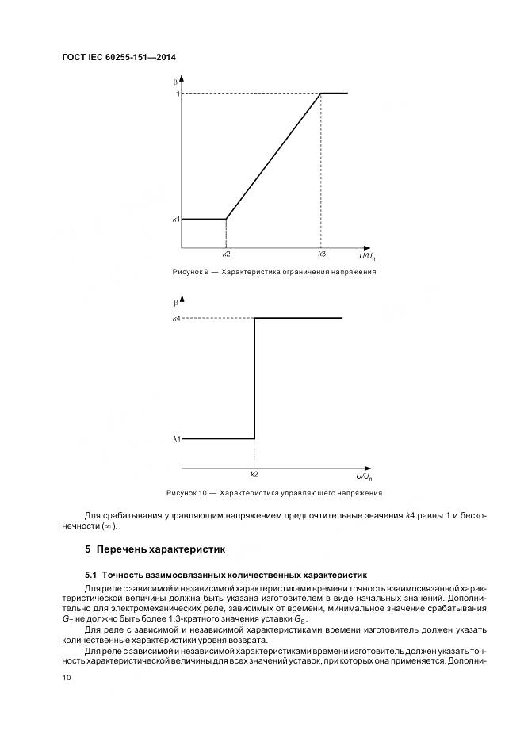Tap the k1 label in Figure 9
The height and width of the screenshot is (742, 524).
click(176, 219)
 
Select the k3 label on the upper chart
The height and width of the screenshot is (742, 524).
click(321, 254)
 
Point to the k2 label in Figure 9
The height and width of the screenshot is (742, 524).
click(226, 254)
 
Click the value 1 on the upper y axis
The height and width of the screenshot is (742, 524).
click(178, 94)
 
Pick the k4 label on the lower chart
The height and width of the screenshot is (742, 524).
click(176, 319)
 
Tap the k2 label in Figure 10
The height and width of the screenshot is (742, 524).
click(254, 474)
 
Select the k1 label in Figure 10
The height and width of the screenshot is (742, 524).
click(176, 439)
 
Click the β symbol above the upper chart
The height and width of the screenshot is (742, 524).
click(175, 82)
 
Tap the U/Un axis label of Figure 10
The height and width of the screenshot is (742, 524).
click(365, 476)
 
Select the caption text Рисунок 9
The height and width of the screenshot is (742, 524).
click(190, 272)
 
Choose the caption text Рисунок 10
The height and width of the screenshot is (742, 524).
click(187, 493)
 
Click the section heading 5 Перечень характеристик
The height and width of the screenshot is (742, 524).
click(155, 548)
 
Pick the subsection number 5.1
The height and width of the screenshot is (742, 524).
click(91, 573)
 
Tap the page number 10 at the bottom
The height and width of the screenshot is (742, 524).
click(67, 678)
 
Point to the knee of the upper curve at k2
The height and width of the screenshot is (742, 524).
click(226, 219)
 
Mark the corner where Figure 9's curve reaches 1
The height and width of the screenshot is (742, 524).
click(320, 94)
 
